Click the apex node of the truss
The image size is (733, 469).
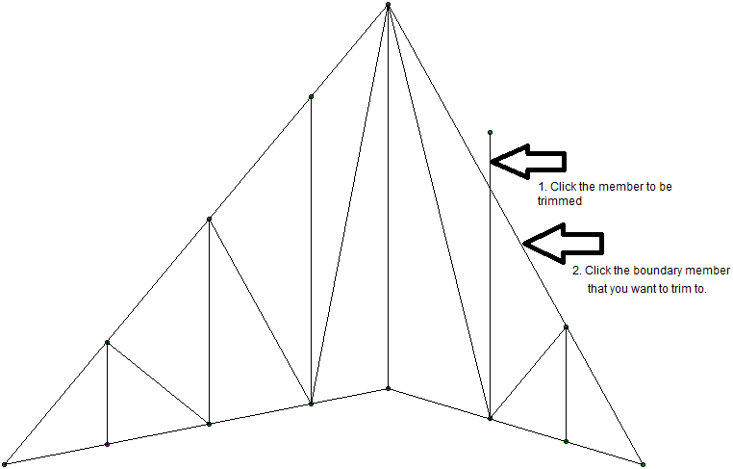tap(388, 6)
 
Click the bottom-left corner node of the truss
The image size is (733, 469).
tap(5, 463)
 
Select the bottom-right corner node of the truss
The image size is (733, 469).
tap(642, 463)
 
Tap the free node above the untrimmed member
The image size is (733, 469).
tap(490, 132)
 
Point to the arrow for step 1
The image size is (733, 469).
tap(528, 161)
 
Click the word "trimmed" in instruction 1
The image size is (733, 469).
tap(561, 202)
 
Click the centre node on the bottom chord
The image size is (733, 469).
tap(388, 388)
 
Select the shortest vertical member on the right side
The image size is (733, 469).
tap(566, 385)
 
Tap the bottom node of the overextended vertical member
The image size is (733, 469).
tap(490, 418)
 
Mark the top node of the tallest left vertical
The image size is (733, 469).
tap(311, 96)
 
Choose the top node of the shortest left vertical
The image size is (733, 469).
tap(107, 342)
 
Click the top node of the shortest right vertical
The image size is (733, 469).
tap(566, 327)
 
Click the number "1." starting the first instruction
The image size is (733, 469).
tap(543, 186)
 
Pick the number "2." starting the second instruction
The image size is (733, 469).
tap(577, 271)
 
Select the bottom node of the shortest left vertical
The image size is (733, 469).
tap(107, 444)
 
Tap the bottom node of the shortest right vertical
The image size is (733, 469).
tap(566, 441)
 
